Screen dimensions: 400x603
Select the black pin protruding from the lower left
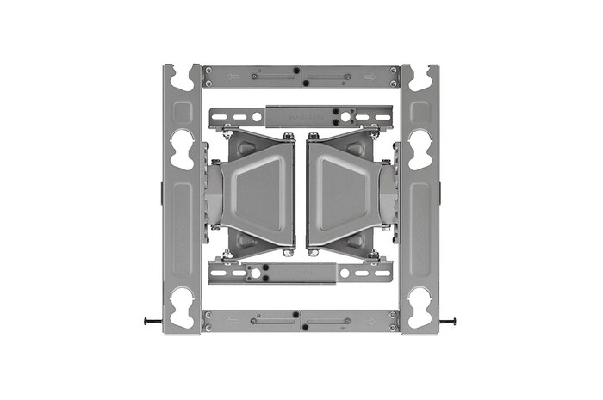151,322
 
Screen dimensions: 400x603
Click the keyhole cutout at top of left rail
182,78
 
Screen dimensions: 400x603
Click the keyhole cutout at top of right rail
420,78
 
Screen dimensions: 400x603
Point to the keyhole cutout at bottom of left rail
182,305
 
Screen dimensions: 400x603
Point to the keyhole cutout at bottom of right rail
420,305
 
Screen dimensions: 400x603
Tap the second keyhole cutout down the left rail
182,148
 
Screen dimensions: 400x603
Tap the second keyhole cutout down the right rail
420,148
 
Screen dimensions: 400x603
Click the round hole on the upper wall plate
345,115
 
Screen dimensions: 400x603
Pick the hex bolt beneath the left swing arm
290,253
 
